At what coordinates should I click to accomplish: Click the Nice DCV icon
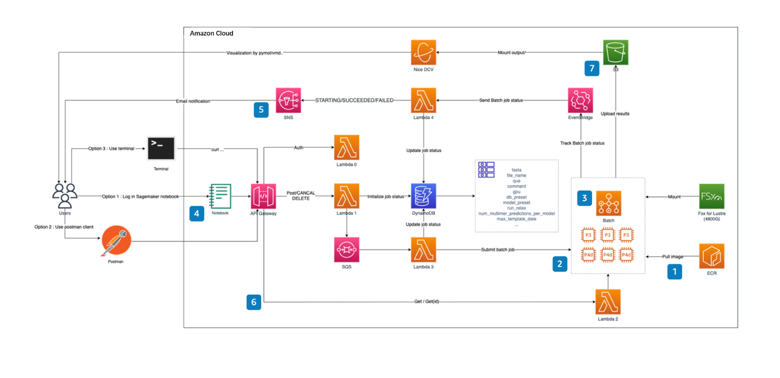pos(423,53)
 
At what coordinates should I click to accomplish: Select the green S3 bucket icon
pos(615,53)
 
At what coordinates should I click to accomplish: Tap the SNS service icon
pos(288,100)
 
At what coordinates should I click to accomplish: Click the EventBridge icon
pos(580,100)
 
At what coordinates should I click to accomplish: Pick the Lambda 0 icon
pos(346,147)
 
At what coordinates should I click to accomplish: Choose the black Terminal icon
pos(161,149)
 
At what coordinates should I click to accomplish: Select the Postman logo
pos(116,241)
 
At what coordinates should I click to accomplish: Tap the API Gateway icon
pos(263,196)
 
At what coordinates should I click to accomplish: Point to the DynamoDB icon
pos(423,196)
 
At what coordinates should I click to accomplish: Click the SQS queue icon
pos(346,250)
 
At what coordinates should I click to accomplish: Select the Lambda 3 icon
pos(423,250)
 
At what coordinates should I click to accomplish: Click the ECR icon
pos(711,256)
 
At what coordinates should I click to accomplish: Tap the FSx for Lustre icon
pos(711,196)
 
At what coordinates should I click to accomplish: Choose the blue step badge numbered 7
pos(592,69)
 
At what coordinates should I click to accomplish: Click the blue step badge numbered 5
pos(261,110)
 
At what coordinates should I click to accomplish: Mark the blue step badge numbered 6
pos(254,302)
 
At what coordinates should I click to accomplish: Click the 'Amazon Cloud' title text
pos(212,33)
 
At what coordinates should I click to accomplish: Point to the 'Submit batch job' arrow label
pos(497,250)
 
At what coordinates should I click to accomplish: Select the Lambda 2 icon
pos(608,302)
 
